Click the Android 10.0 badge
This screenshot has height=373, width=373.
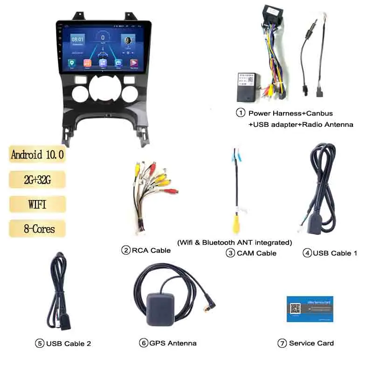pyautogui.click(x=37, y=154)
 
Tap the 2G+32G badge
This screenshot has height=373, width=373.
pyautogui.click(x=37, y=179)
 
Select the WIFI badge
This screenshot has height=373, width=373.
pyautogui.click(x=37, y=204)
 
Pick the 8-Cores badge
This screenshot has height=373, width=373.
pyautogui.click(x=37, y=229)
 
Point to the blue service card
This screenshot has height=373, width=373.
pyautogui.click(x=310, y=308)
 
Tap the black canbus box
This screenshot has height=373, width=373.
pyautogui.click(x=248, y=87)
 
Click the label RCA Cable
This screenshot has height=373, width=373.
pyautogui.click(x=151, y=250)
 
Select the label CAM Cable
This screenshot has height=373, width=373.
pyautogui.click(x=256, y=253)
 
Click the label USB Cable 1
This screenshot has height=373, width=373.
pyautogui.click(x=335, y=253)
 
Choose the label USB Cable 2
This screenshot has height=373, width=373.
pyautogui.click(x=68, y=344)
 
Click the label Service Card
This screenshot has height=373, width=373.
pyautogui.click(x=311, y=343)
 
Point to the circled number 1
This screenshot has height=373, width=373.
pyautogui.click(x=241, y=113)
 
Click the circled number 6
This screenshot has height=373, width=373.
pyautogui.click(x=143, y=343)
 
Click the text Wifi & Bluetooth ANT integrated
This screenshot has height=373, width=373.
pyautogui.click(x=235, y=242)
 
